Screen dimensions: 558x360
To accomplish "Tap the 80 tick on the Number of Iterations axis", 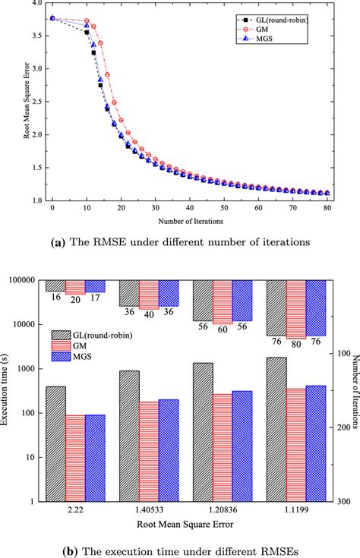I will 327,208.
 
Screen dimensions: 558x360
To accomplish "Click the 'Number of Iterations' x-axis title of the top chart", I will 189,221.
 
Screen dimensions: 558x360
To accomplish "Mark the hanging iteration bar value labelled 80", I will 296,345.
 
